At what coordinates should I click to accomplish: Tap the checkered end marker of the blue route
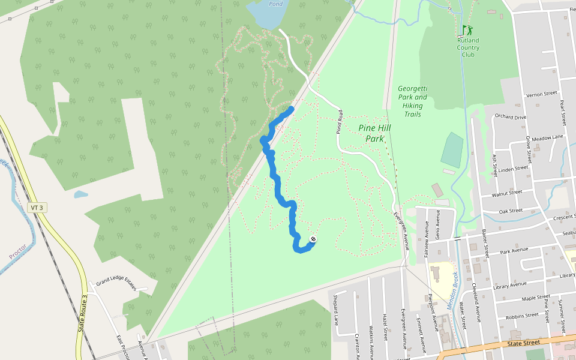click(x=313, y=240)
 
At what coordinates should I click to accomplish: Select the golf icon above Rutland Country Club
click(x=467, y=29)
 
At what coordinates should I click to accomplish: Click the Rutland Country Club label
click(x=468, y=47)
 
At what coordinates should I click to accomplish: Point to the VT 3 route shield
click(x=37, y=208)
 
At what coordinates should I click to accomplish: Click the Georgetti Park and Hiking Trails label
click(x=413, y=101)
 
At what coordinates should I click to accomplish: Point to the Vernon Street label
click(x=542, y=94)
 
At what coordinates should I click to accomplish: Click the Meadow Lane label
click(x=547, y=137)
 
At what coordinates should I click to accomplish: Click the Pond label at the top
click(x=275, y=4)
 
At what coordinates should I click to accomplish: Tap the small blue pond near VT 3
click(x=81, y=194)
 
